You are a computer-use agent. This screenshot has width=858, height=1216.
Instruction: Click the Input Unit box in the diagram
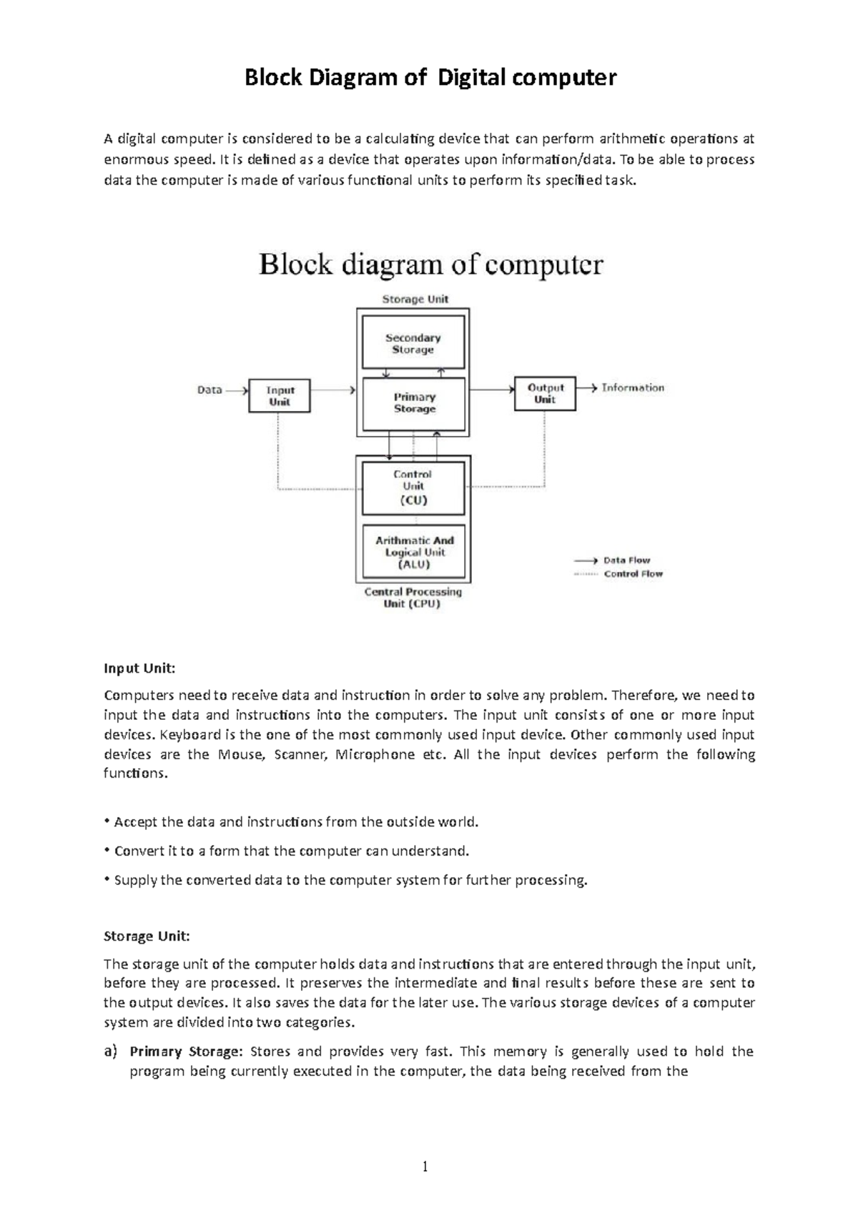(x=280, y=395)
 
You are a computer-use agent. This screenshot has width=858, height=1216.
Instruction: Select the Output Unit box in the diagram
(x=545, y=393)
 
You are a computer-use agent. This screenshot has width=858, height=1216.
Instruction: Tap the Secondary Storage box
(x=413, y=343)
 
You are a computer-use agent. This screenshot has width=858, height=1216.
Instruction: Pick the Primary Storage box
(x=414, y=403)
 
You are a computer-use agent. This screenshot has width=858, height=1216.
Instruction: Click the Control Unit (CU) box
(x=413, y=488)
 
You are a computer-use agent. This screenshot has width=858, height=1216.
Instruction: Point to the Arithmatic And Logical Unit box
(x=414, y=552)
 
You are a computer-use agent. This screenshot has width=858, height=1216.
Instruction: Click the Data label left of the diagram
(x=209, y=390)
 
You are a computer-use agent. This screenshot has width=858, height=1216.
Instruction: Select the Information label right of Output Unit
(x=633, y=387)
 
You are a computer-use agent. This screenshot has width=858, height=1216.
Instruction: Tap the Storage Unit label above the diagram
(x=415, y=299)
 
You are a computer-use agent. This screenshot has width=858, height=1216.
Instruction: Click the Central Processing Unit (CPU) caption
(x=413, y=598)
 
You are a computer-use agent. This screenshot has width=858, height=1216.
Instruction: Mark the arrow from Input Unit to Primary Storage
(x=333, y=390)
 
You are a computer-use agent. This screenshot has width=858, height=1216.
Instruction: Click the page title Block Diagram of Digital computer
(x=430, y=77)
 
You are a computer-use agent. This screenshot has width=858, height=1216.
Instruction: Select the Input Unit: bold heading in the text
(x=139, y=668)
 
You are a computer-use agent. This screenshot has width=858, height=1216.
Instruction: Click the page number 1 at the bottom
(x=425, y=1167)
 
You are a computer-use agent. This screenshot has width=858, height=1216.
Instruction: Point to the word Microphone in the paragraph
(x=375, y=754)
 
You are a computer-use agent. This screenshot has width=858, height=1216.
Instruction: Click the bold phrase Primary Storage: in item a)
(x=186, y=1052)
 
